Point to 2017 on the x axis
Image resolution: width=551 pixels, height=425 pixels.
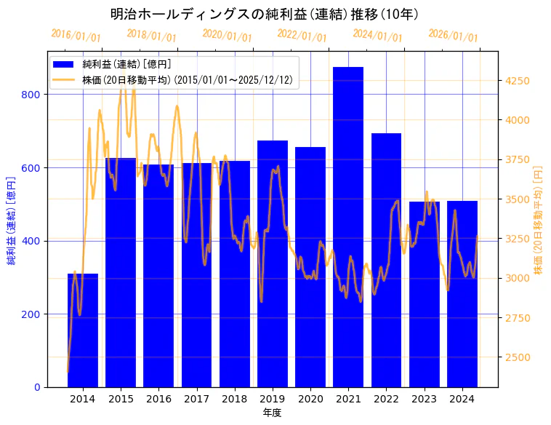(196, 399)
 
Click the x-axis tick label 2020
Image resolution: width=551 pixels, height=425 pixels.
(310, 399)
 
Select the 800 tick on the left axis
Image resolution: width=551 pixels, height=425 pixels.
(35, 95)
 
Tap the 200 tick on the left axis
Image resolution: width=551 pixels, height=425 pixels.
(35, 314)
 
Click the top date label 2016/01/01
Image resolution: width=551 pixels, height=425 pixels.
(76, 36)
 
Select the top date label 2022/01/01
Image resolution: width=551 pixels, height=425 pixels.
(302, 36)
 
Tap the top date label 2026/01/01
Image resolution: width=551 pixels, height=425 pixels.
(453, 36)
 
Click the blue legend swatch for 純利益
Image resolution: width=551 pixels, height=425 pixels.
(65, 65)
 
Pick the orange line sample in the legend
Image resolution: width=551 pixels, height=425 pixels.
(65, 80)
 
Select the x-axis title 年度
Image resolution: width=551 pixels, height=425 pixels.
(272, 413)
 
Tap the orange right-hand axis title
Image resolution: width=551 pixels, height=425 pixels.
(539, 219)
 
